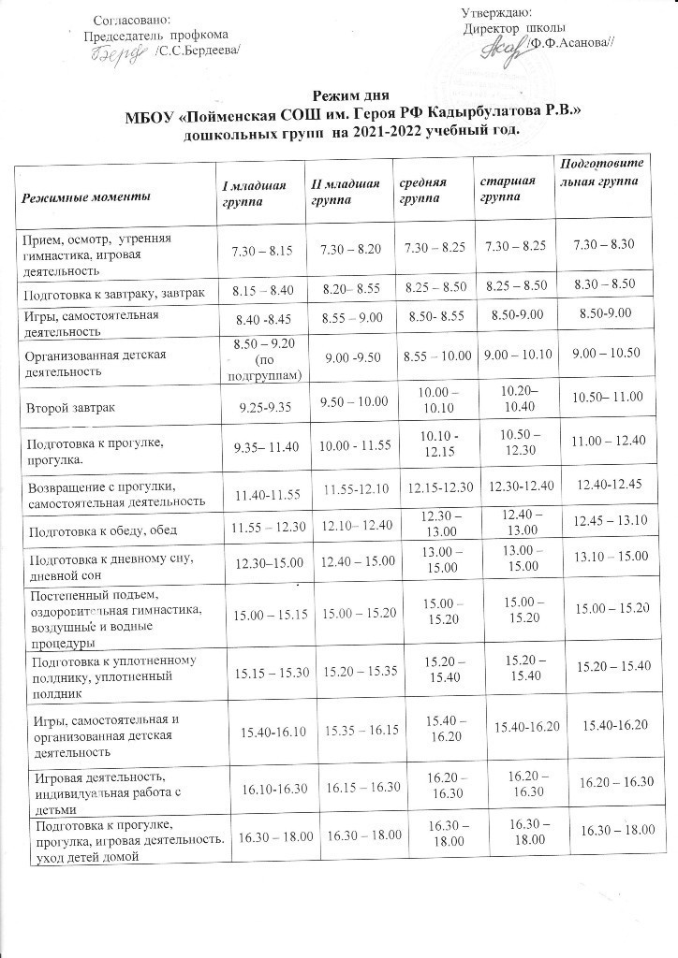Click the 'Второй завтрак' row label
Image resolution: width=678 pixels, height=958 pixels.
tap(71, 408)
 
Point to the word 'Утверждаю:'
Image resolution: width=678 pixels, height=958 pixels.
tap(496, 12)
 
